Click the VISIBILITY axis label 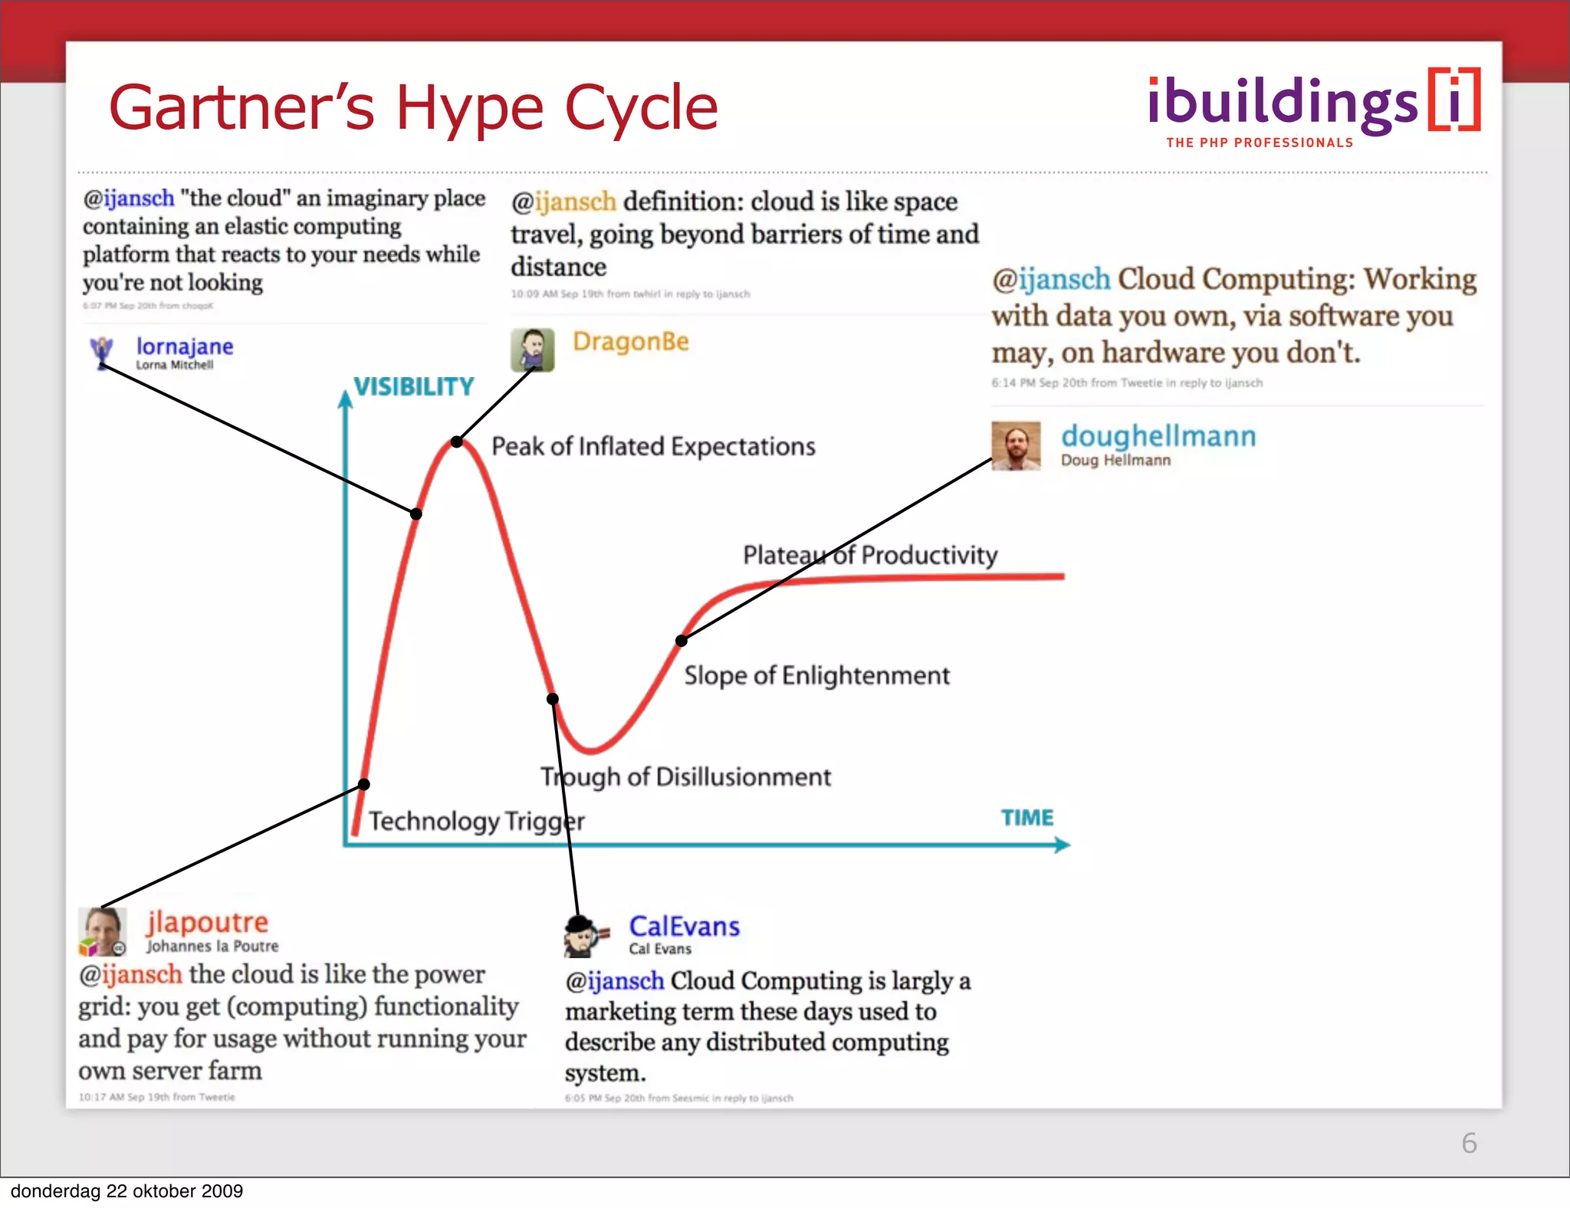click(414, 387)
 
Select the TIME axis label click(1027, 818)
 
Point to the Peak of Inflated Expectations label click(653, 447)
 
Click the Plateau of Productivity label click(870, 555)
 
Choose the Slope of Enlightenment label click(816, 675)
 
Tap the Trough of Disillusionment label click(685, 777)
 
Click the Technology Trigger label click(476, 822)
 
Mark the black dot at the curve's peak click(457, 442)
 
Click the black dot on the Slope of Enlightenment click(681, 640)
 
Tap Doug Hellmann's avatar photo click(1016, 445)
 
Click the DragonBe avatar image click(532, 350)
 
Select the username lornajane click(185, 346)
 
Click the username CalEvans click(684, 927)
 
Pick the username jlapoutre click(207, 922)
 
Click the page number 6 click(1469, 1143)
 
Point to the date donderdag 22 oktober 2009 click(126, 1191)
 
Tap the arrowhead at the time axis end click(1063, 845)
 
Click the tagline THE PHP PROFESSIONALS click(1260, 143)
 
